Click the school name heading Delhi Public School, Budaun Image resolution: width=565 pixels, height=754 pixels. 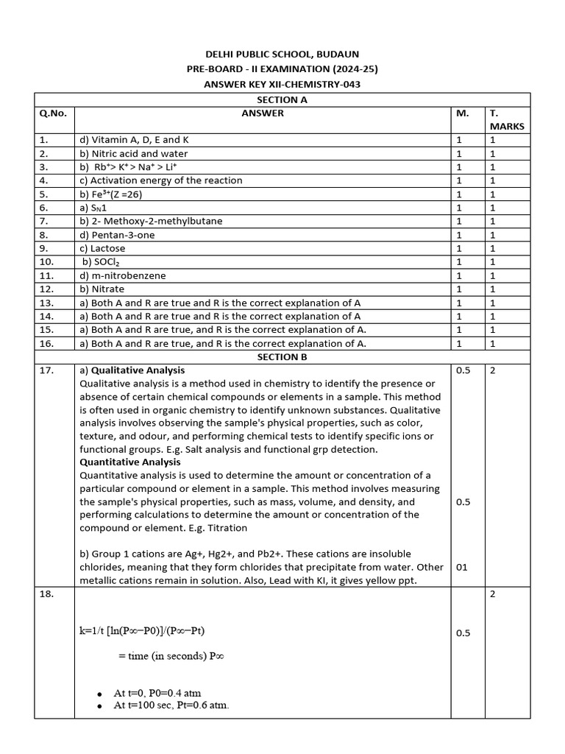click(x=282, y=54)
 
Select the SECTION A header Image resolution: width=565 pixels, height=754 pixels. click(x=282, y=99)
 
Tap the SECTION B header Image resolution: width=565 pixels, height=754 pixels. click(x=282, y=357)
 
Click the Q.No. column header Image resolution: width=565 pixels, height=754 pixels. click(x=53, y=113)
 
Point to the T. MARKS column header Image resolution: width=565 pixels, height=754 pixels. click(x=506, y=120)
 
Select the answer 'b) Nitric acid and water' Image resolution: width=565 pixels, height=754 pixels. click(x=133, y=154)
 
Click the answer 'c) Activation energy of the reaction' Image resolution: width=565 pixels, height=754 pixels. click(x=160, y=180)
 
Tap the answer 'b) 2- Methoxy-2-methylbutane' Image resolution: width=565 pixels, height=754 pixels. click(x=151, y=221)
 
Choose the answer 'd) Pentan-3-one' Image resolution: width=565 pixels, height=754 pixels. click(x=117, y=235)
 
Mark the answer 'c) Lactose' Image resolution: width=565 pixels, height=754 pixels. click(x=102, y=248)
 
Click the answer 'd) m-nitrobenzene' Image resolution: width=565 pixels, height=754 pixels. click(x=122, y=275)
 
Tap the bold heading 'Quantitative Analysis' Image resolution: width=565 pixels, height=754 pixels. click(x=129, y=462)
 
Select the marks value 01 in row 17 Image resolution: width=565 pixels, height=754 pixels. click(x=462, y=568)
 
